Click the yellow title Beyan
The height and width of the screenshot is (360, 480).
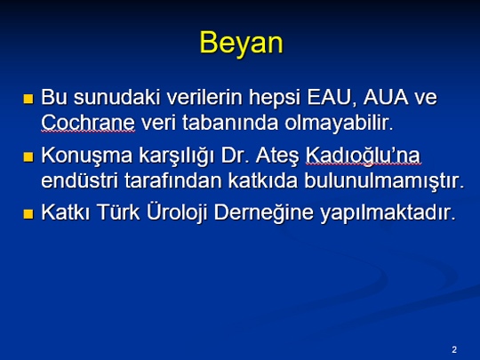(x=241, y=43)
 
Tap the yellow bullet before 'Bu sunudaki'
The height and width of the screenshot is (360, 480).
(x=28, y=99)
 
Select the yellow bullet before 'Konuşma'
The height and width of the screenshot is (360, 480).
(x=28, y=156)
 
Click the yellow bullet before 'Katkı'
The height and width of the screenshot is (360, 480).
(x=28, y=213)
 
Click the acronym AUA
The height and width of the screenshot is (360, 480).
(x=386, y=97)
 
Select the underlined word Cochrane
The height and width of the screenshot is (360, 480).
(x=88, y=123)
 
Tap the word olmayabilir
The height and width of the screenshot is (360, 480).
(x=339, y=124)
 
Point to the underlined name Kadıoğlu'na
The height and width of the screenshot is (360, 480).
(x=363, y=156)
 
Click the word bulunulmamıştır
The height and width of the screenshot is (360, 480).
(x=384, y=181)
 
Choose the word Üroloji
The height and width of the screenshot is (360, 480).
(x=177, y=212)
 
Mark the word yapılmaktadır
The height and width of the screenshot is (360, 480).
(x=388, y=213)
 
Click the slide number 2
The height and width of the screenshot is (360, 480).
(x=454, y=349)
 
